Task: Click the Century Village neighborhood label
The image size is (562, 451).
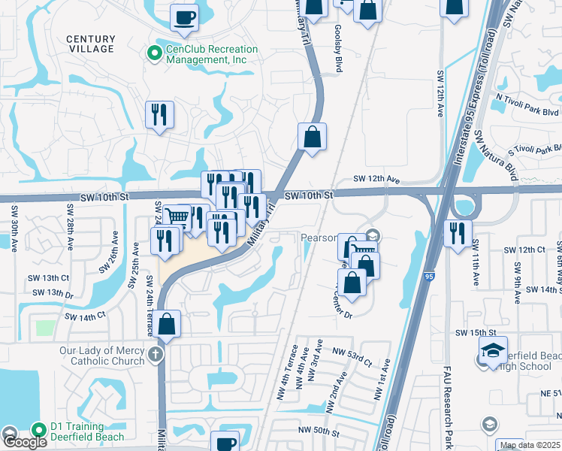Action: pos(91,44)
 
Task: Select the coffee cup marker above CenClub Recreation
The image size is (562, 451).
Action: pos(184,17)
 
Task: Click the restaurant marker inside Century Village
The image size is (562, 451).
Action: pos(159,114)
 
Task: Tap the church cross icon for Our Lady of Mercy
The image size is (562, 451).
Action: pos(156,355)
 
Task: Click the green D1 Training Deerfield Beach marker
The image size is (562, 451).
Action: pos(39,430)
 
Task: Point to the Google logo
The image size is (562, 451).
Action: pos(24,441)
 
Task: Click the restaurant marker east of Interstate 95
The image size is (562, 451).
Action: pos(457,232)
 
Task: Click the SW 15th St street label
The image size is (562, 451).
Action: pos(476,332)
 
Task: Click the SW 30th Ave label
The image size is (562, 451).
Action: pos(14,230)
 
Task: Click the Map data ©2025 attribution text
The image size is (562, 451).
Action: pos(529,445)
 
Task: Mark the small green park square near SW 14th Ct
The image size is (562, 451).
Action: pos(45,328)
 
